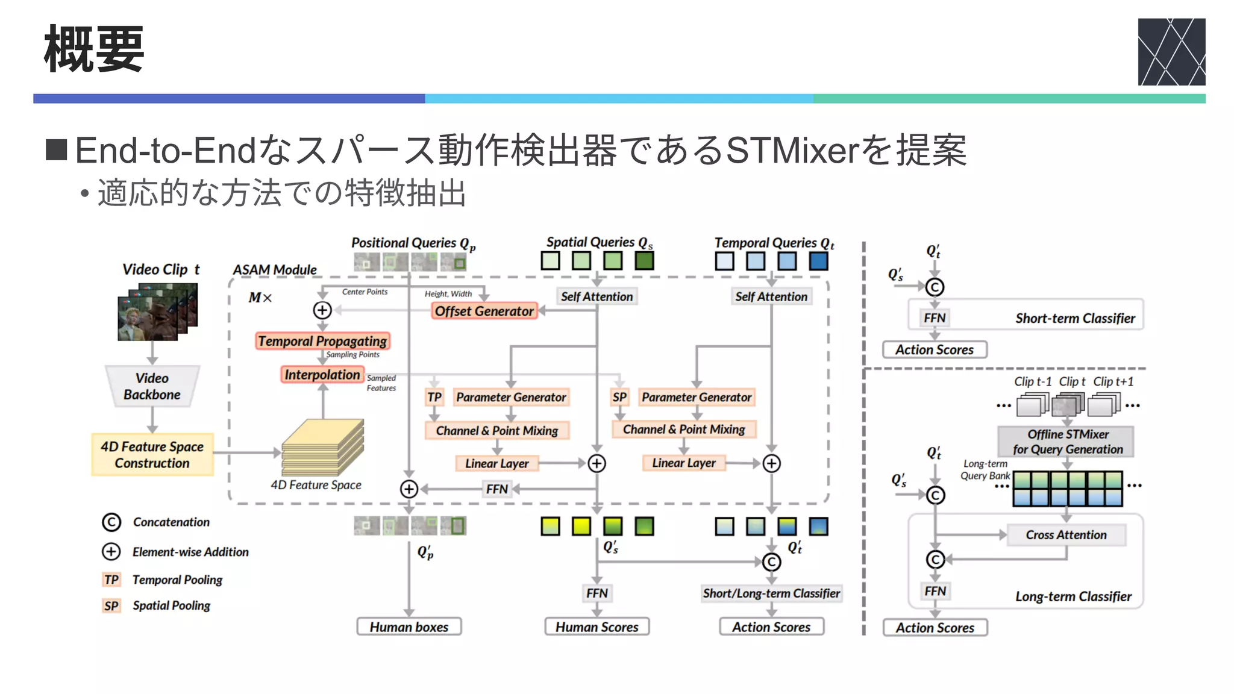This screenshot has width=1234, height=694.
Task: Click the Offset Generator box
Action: pos(484,311)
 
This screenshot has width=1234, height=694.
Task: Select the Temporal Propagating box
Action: pos(322,341)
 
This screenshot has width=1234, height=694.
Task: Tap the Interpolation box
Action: pos(322,375)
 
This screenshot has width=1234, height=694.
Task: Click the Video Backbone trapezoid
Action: pos(152,387)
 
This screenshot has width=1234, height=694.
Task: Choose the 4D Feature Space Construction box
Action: pos(152,455)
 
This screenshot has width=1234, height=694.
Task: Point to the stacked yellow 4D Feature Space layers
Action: pos(322,449)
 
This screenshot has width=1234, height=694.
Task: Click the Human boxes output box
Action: pos(409,627)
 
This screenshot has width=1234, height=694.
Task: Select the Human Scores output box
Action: pos(597,627)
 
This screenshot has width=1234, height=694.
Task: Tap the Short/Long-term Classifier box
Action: pos(771,593)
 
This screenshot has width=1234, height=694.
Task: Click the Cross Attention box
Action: pos(1066,535)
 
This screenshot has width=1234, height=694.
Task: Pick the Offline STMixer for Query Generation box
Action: pos(1067,442)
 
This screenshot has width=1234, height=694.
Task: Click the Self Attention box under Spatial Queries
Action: pos(597,296)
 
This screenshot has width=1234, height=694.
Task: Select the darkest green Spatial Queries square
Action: pos(644,261)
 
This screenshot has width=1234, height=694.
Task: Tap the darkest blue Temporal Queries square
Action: pos(818,261)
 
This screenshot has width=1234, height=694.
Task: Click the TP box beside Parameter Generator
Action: pos(434,397)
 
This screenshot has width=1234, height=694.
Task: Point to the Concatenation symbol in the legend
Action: pos(111,522)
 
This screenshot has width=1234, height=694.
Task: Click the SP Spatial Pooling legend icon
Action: pos(111,605)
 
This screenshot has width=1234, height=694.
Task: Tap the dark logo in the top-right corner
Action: pos(1171,51)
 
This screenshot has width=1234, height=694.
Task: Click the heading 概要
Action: pos(94,49)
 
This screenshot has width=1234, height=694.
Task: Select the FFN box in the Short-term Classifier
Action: pos(935,318)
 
